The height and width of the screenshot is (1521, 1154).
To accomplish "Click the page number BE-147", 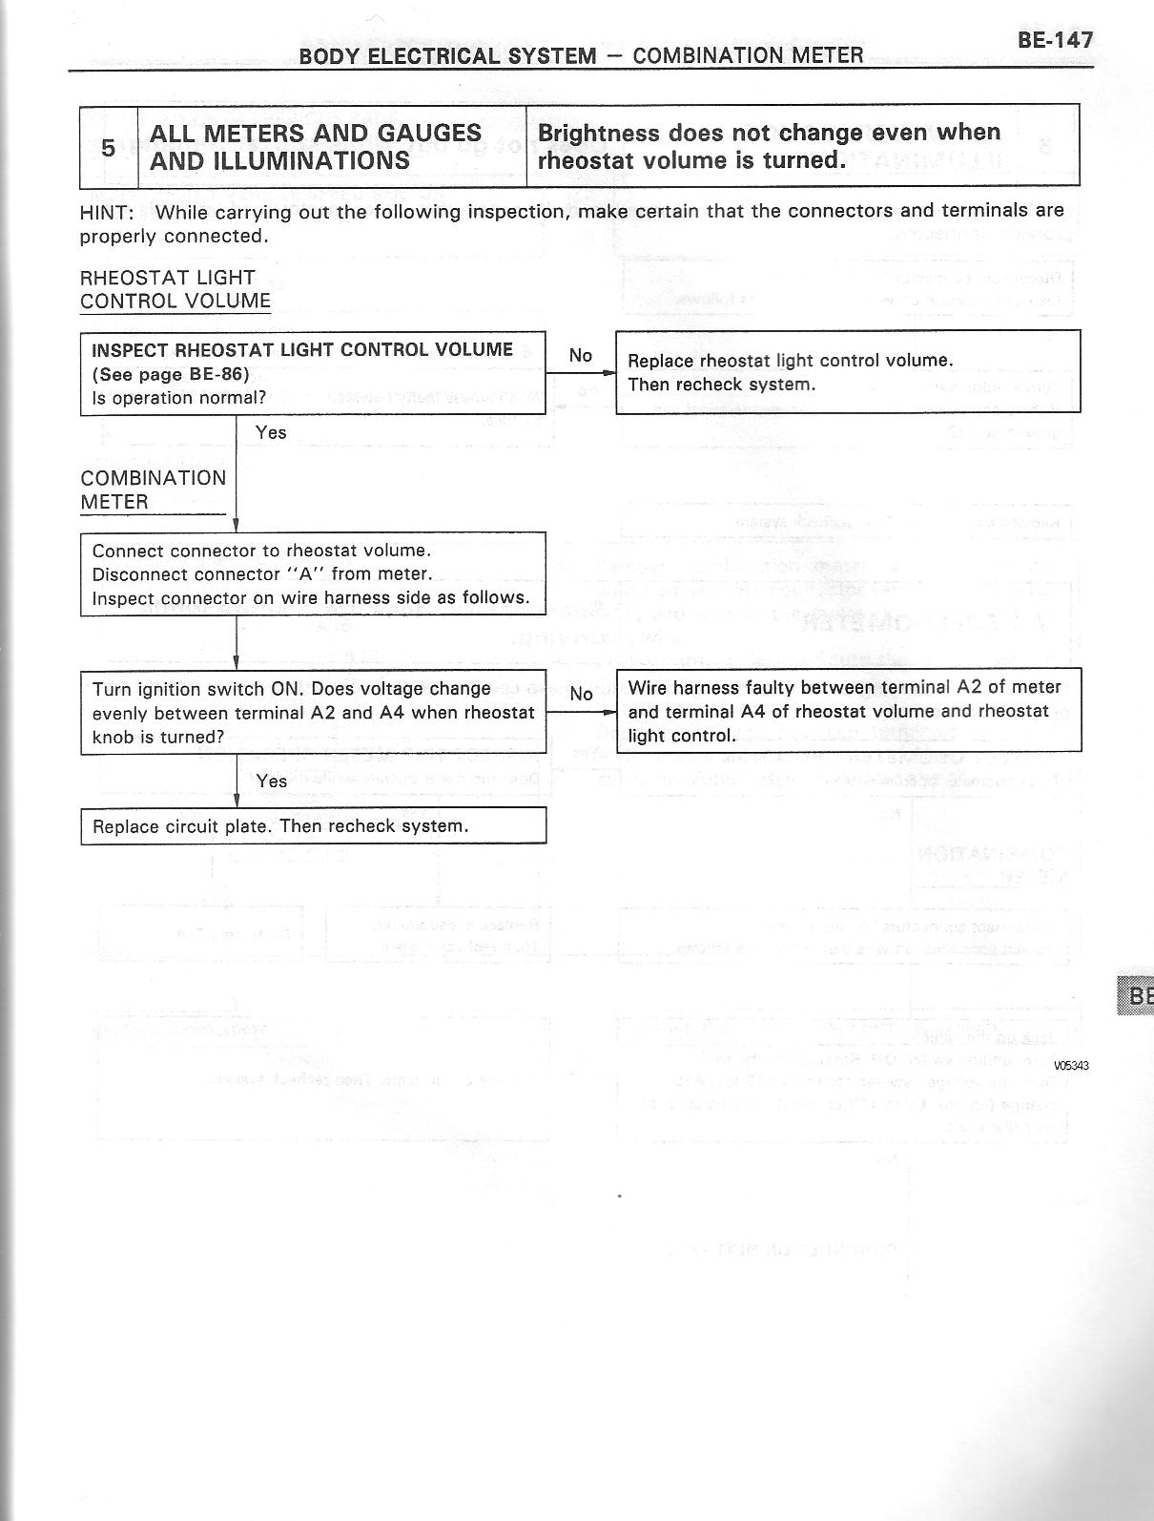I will (1054, 40).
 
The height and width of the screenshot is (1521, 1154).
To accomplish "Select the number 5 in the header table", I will (109, 147).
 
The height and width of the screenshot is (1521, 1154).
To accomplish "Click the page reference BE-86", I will (218, 374).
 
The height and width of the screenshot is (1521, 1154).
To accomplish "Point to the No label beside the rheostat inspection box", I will (580, 355).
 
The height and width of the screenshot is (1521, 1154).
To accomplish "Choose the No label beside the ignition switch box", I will (581, 694).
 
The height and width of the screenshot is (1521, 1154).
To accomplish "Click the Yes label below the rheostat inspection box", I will (271, 432).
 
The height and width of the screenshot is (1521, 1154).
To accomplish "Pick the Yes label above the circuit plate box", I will (272, 781).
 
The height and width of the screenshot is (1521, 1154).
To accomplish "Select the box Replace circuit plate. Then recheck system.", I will (313, 826).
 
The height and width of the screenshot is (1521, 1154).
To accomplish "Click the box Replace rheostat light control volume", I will (847, 372).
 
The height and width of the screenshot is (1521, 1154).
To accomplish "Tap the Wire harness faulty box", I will (848, 711).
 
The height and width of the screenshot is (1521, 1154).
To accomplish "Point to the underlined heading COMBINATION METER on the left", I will (153, 490).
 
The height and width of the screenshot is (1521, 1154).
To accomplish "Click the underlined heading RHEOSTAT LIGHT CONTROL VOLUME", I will (175, 289).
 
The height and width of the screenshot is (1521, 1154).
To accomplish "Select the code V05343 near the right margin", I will (1071, 1066).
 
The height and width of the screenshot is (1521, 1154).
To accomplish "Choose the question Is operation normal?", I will (179, 398).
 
